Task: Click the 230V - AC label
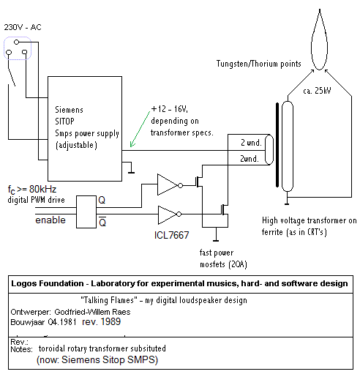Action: coord(23,27)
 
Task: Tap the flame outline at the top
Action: coord(312,46)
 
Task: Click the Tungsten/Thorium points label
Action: coord(259,64)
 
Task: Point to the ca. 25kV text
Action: coord(317,91)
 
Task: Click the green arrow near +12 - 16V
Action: coord(140,130)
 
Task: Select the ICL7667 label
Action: coord(172,235)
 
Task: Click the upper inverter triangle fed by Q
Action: coord(168,184)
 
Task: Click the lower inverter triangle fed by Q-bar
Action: coord(168,214)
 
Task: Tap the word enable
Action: coord(50,220)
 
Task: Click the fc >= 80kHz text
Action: coord(32,190)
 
